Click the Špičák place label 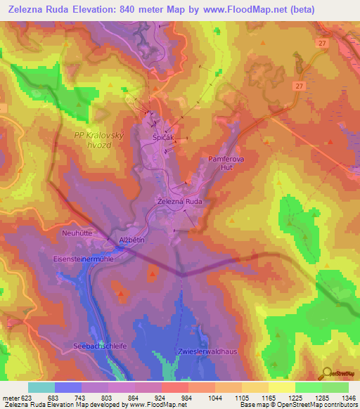click(163, 138)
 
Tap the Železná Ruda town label click(179, 201)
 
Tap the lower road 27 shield click(299, 86)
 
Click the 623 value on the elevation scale click(27, 397)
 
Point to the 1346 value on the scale click(348, 397)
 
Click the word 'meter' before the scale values click(11, 397)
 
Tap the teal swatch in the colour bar click(41, 387)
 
